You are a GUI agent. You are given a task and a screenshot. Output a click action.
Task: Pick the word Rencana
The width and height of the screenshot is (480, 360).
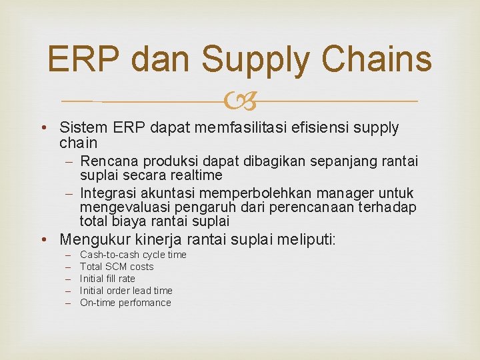[107, 162]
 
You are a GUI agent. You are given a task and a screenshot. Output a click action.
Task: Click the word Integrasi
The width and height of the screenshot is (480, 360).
[109, 193]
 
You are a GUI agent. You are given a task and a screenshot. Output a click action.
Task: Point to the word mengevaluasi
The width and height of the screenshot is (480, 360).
[120, 207]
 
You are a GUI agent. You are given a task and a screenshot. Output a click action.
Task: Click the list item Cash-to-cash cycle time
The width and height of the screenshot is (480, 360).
[133, 255]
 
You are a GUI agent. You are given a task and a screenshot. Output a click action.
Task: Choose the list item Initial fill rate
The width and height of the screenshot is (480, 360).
[107, 279]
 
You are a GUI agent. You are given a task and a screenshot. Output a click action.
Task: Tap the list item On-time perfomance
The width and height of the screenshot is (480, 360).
[125, 303]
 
